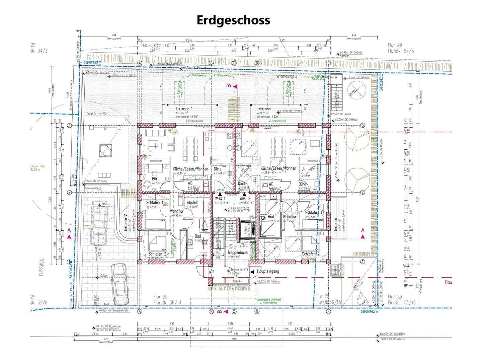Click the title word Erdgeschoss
(x=233, y=20)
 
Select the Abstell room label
(x=192, y=203)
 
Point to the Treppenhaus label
(x=237, y=253)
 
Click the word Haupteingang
(x=267, y=272)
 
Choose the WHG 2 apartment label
(x=245, y=199)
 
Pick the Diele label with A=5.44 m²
(x=217, y=169)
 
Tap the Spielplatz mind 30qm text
(x=97, y=114)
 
